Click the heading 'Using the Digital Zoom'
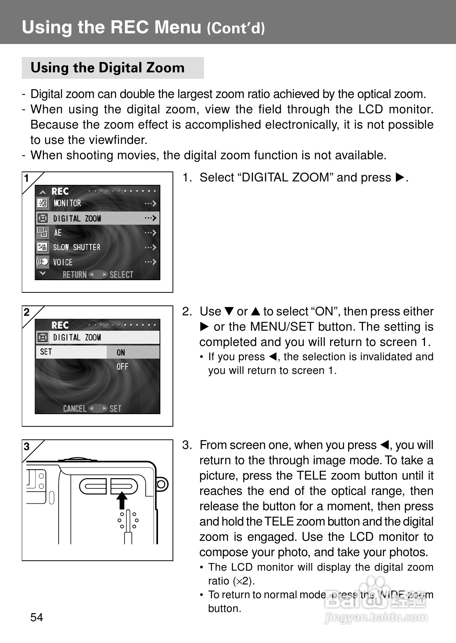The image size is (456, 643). point(107,68)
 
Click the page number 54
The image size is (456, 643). point(37,617)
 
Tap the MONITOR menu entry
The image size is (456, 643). point(67,203)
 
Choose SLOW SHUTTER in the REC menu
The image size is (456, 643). point(77,247)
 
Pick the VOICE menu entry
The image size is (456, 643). point(63,262)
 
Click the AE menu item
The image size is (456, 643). point(58,233)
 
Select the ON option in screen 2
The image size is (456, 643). point(121,353)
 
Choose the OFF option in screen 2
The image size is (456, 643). point(122,367)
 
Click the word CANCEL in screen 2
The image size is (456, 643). point(75,408)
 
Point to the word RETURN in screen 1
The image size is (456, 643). point(75,274)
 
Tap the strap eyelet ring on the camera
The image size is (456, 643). point(161,485)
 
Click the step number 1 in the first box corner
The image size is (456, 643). point(27,178)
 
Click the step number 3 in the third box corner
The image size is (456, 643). point(27,446)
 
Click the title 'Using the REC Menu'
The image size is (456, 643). point(111,27)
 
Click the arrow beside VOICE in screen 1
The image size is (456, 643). point(151,262)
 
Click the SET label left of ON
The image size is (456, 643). point(46,352)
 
